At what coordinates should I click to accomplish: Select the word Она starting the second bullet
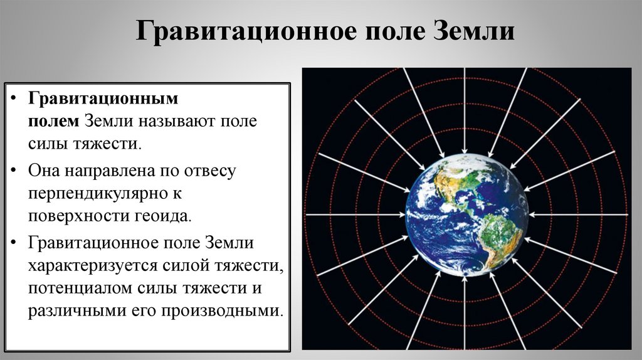pyautogui.click(x=44, y=169)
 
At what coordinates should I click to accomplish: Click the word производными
pyautogui.click(x=228, y=311)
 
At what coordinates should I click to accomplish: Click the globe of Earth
pyautogui.click(x=465, y=216)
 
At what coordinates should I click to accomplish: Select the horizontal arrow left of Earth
pyautogui.click(x=355, y=215)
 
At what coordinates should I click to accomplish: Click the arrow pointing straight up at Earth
pyautogui.click(x=465, y=314)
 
